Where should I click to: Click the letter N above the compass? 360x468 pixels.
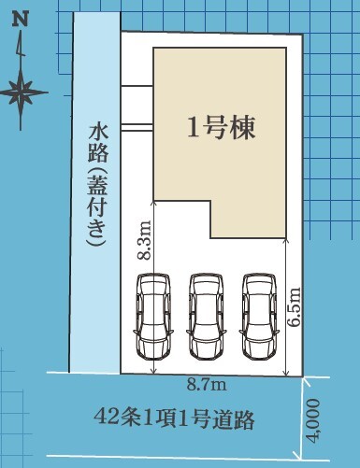pos(21,20)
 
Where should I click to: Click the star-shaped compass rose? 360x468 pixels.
pos(21,92)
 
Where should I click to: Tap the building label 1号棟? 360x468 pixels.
pos(221,128)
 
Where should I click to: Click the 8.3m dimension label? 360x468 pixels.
pos(144,240)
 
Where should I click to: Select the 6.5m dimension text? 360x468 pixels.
pos(294,306)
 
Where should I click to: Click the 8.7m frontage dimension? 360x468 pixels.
pos(207,385)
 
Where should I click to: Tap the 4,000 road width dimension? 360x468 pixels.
pos(312,421)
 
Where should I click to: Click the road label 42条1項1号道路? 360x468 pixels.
pos(174,419)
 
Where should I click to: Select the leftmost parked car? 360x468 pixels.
pos(153,317)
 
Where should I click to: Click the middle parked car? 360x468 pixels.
pos(207,317)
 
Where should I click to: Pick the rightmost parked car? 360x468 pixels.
pos(259,317)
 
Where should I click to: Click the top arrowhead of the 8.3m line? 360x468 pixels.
pos(153,202)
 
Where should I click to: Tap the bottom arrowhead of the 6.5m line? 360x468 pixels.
pos(286,374)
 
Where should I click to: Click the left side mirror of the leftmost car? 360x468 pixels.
pos(135,332)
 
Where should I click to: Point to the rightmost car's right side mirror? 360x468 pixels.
pos(278,332)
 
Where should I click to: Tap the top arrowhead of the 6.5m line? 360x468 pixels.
pos(286,240)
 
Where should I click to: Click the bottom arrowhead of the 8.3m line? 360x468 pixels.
pos(153,372)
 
